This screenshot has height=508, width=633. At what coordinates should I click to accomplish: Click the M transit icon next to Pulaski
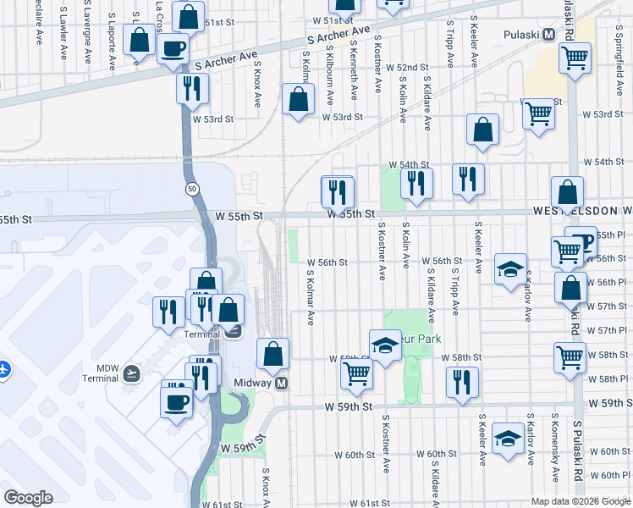pyautogui.click(x=549, y=35)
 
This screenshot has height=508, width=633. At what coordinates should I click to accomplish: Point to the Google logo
pyautogui.click(x=29, y=498)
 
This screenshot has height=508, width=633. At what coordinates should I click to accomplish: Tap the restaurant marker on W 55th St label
pyautogui.click(x=337, y=193)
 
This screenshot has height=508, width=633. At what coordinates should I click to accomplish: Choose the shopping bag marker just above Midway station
pyautogui.click(x=272, y=356)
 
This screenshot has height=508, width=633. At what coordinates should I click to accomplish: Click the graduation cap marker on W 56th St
pyautogui.click(x=510, y=270)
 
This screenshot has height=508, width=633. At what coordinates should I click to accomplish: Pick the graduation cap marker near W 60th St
pyautogui.click(x=508, y=439)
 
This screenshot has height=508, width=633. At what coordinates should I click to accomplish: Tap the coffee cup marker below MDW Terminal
pyautogui.click(x=177, y=403)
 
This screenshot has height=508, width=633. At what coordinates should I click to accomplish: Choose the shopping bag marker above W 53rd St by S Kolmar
pyautogui.click(x=299, y=102)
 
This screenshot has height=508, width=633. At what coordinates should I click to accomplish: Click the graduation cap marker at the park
pyautogui.click(x=385, y=345)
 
